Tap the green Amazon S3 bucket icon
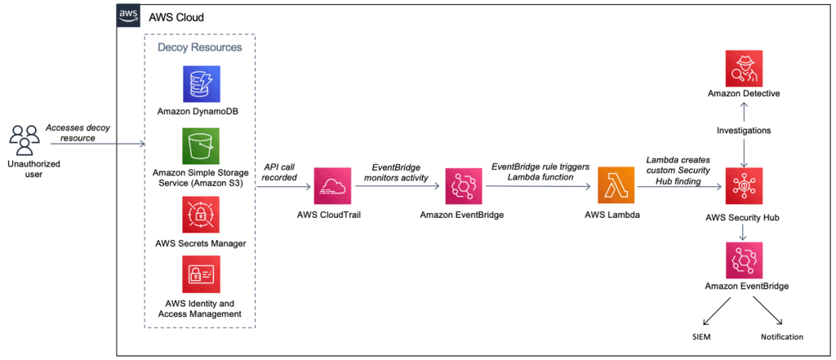pyautogui.click(x=201, y=146)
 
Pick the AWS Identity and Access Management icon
pyautogui.click(x=201, y=278)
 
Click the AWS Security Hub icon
pyautogui.click(x=743, y=187)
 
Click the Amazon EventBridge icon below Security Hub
pyautogui.click(x=743, y=260)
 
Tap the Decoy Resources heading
pyautogui.click(x=200, y=47)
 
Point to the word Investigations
pyautogui.click(x=743, y=131)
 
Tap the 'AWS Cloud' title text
pyautogui.click(x=176, y=16)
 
